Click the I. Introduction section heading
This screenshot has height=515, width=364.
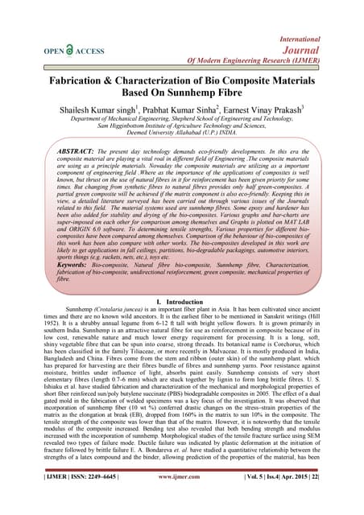181,301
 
